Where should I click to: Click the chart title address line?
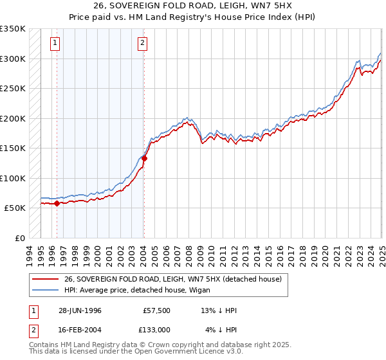pos(192,6)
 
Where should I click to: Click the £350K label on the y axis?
pos(13,29)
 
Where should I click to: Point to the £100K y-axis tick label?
pos(13,178)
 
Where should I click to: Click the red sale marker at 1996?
pos(57,203)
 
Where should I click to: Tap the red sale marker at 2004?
pos(144,158)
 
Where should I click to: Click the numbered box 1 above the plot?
pos(55,44)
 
